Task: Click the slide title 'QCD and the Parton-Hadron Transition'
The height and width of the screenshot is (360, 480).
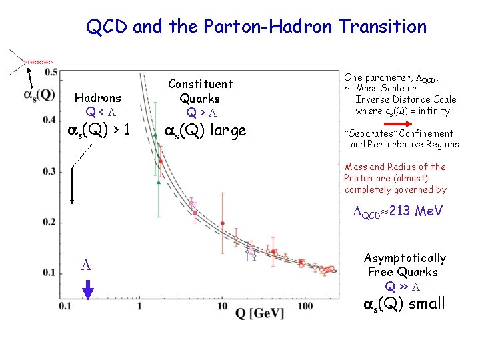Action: pos(256,27)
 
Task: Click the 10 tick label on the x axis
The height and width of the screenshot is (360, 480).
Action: pos(222,306)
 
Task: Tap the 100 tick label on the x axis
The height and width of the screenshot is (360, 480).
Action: pos(305,306)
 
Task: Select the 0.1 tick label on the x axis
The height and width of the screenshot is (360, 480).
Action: pos(65,306)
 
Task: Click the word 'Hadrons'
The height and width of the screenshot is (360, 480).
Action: pos(98,97)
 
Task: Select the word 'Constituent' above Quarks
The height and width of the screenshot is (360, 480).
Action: pos(200,84)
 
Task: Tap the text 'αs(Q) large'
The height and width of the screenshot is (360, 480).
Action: pos(205,130)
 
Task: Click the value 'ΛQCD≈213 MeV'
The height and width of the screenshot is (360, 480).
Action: pos(398,212)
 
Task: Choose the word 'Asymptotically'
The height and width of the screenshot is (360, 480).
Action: pos(405,258)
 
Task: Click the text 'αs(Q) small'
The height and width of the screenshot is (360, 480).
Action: pos(403,305)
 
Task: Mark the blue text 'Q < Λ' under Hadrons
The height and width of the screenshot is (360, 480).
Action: pos(98,111)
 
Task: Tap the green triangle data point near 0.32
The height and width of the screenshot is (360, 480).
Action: pos(158,181)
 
